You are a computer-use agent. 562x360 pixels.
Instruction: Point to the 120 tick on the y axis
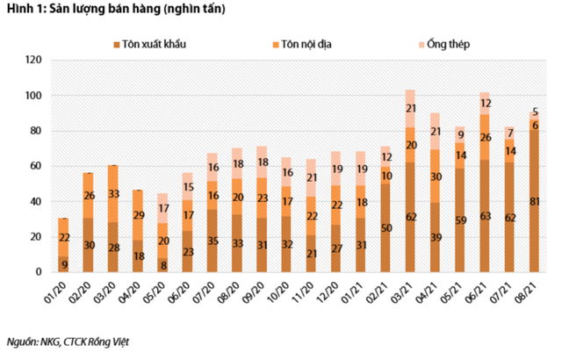coord(33,61)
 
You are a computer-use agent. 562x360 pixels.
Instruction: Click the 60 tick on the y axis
coord(36,166)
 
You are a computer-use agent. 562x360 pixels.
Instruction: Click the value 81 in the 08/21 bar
coord(535,203)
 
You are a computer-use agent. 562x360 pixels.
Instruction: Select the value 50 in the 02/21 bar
coord(385,229)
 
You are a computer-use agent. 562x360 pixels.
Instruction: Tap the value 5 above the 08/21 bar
coord(535,112)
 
